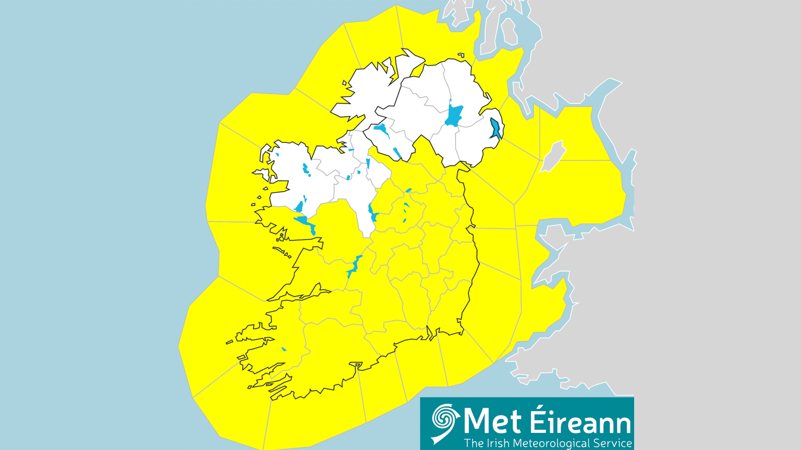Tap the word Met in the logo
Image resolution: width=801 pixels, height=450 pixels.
[492, 422]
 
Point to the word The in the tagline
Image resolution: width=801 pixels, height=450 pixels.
[474, 443]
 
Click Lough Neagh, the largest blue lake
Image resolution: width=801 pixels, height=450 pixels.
[453, 115]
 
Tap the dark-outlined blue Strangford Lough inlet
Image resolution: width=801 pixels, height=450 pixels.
[496, 128]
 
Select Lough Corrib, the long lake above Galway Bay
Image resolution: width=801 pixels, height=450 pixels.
[306, 223]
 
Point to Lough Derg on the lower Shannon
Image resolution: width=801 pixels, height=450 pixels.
[354, 267]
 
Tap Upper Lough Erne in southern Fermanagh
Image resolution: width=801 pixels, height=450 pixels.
[397, 152]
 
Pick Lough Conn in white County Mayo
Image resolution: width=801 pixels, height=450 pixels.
[305, 169]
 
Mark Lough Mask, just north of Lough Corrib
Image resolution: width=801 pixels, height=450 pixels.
[299, 207]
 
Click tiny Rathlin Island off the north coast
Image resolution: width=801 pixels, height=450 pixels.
[461, 55]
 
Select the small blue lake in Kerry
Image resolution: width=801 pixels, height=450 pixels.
[284, 349]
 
